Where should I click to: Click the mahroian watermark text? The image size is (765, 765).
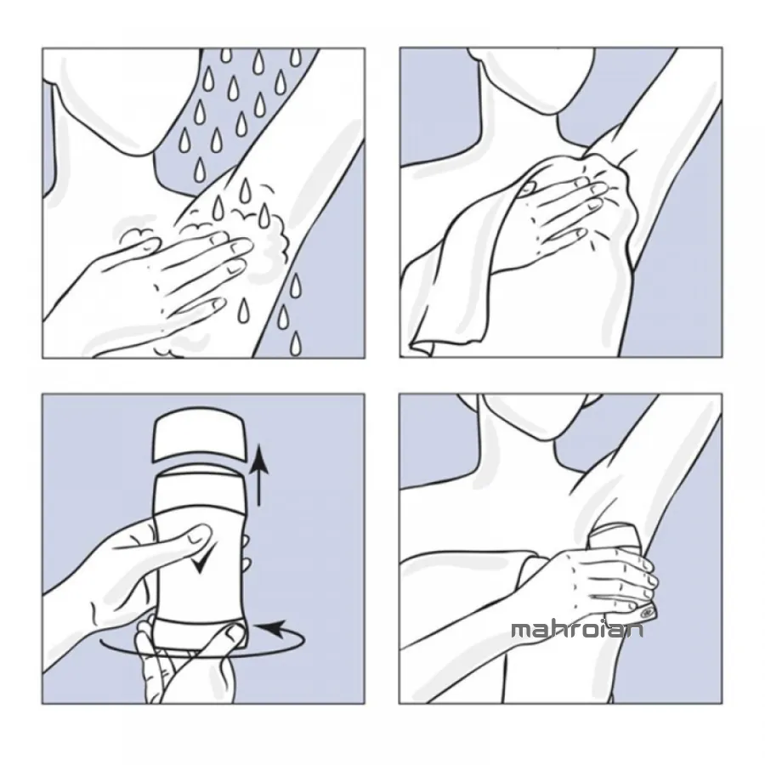tap(577, 630)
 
